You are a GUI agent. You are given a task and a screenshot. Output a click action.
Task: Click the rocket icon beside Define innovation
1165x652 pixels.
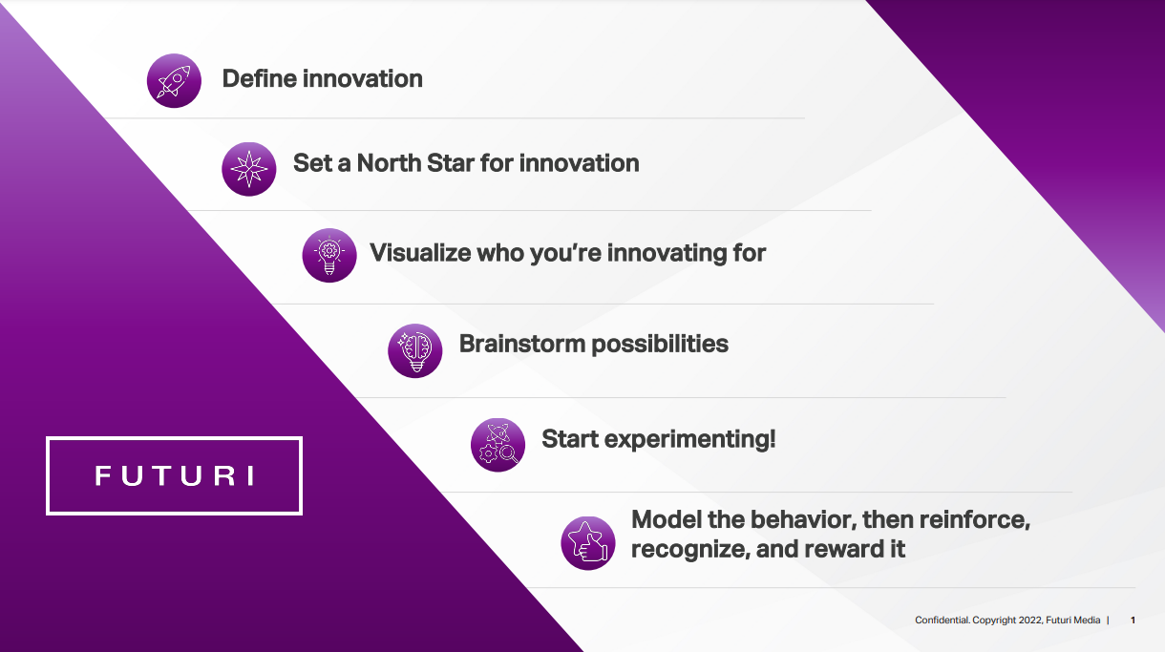point(174,80)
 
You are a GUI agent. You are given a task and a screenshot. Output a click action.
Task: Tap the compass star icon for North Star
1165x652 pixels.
point(249,169)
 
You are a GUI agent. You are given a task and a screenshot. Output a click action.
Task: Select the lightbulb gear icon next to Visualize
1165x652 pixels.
point(329,255)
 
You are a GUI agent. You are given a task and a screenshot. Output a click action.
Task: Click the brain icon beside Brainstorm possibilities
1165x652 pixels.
point(415,350)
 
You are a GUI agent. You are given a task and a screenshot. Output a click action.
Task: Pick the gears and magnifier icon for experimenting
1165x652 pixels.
point(498,445)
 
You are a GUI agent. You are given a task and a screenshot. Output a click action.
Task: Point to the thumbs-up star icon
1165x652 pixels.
point(587,543)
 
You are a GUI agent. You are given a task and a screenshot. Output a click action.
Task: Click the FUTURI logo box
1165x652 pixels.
point(174,475)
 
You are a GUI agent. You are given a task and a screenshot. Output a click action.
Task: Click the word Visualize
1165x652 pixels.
point(419,253)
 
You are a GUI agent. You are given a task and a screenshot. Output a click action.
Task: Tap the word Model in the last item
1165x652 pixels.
point(665,520)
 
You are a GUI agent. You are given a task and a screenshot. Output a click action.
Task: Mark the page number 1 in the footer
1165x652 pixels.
point(1133,620)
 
